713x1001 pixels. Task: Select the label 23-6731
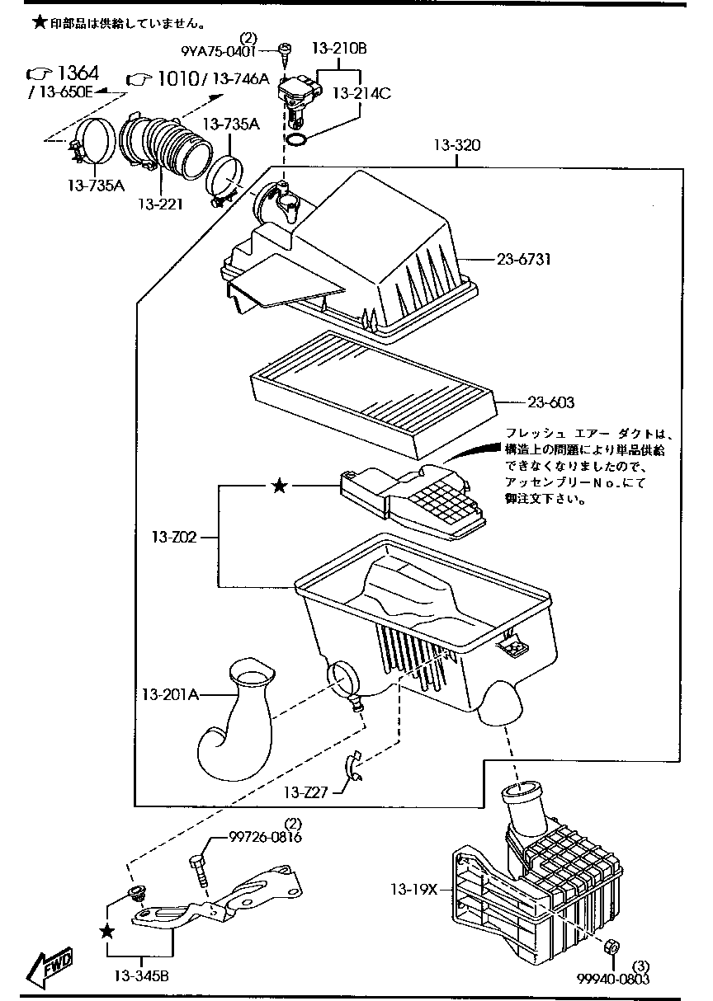pyautogui.click(x=524, y=259)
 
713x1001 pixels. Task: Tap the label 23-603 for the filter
pyautogui.click(x=550, y=402)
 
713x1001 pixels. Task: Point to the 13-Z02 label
pyautogui.click(x=173, y=538)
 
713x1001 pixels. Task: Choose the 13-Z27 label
pyautogui.click(x=305, y=792)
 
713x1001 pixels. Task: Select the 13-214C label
pyautogui.click(x=361, y=93)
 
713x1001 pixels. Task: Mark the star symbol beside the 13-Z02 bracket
pyautogui.click(x=280, y=487)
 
